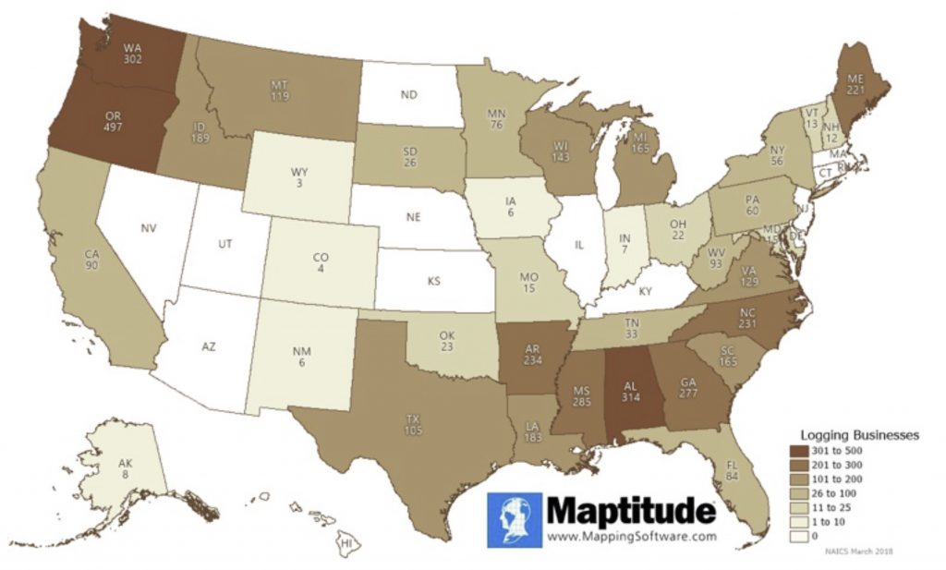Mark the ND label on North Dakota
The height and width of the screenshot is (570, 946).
click(x=410, y=93)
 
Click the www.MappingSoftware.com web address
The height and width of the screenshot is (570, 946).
click(x=632, y=536)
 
